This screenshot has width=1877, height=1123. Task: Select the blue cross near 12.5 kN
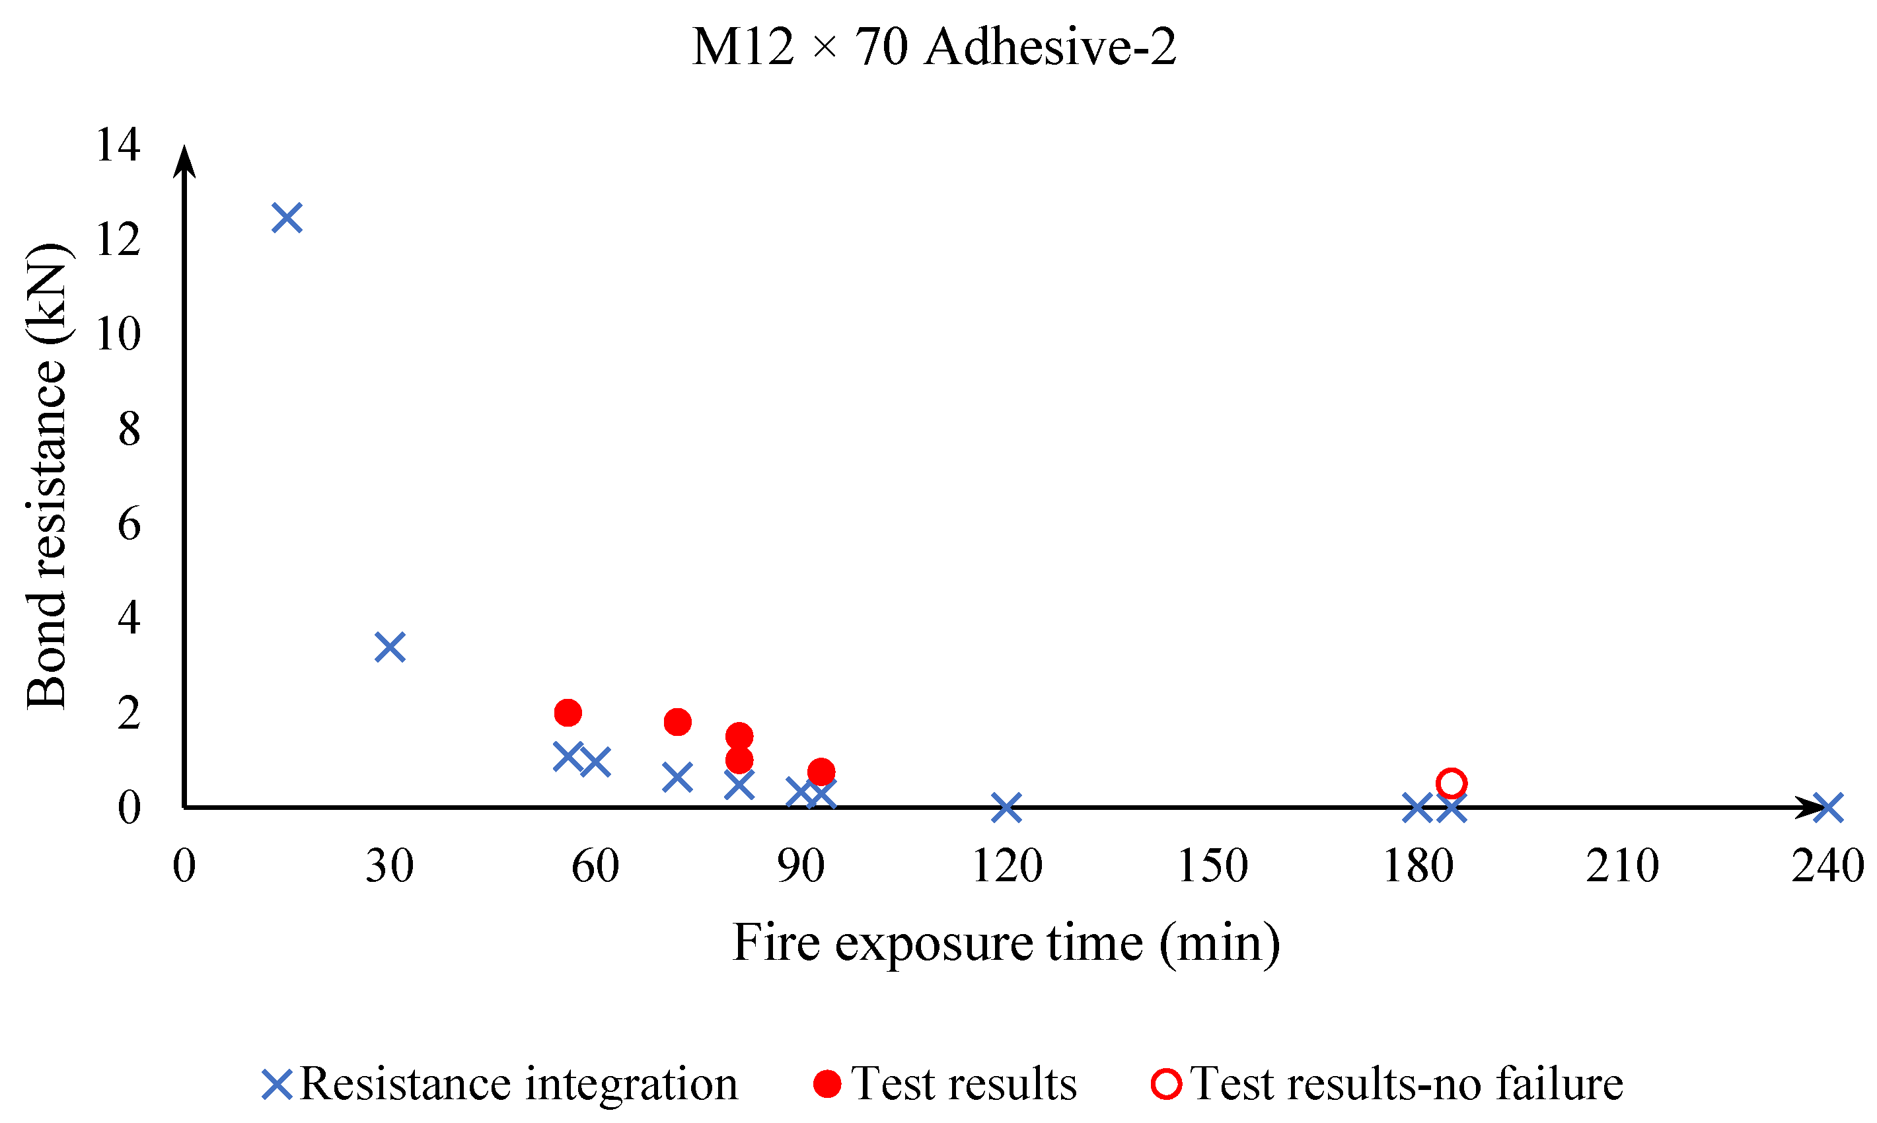coord(287,218)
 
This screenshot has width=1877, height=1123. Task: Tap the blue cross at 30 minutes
coord(390,648)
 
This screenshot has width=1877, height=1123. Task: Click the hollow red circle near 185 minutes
coord(1451,783)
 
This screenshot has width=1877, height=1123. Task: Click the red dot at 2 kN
coord(568,712)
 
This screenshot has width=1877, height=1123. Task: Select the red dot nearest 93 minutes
coord(821,772)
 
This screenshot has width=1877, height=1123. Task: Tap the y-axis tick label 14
coord(118,145)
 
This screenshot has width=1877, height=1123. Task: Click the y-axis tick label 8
coord(129,429)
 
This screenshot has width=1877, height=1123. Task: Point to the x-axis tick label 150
coord(1212,866)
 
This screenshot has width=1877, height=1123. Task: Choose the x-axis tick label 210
coord(1623,866)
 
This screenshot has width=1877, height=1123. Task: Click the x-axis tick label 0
coord(184,866)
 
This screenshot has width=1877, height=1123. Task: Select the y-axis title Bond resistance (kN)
coord(47,477)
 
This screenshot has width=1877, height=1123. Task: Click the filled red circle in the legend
coord(827,1083)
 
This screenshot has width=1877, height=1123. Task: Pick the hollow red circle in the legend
coord(1165,1083)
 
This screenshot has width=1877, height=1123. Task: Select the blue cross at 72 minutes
coord(677,777)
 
